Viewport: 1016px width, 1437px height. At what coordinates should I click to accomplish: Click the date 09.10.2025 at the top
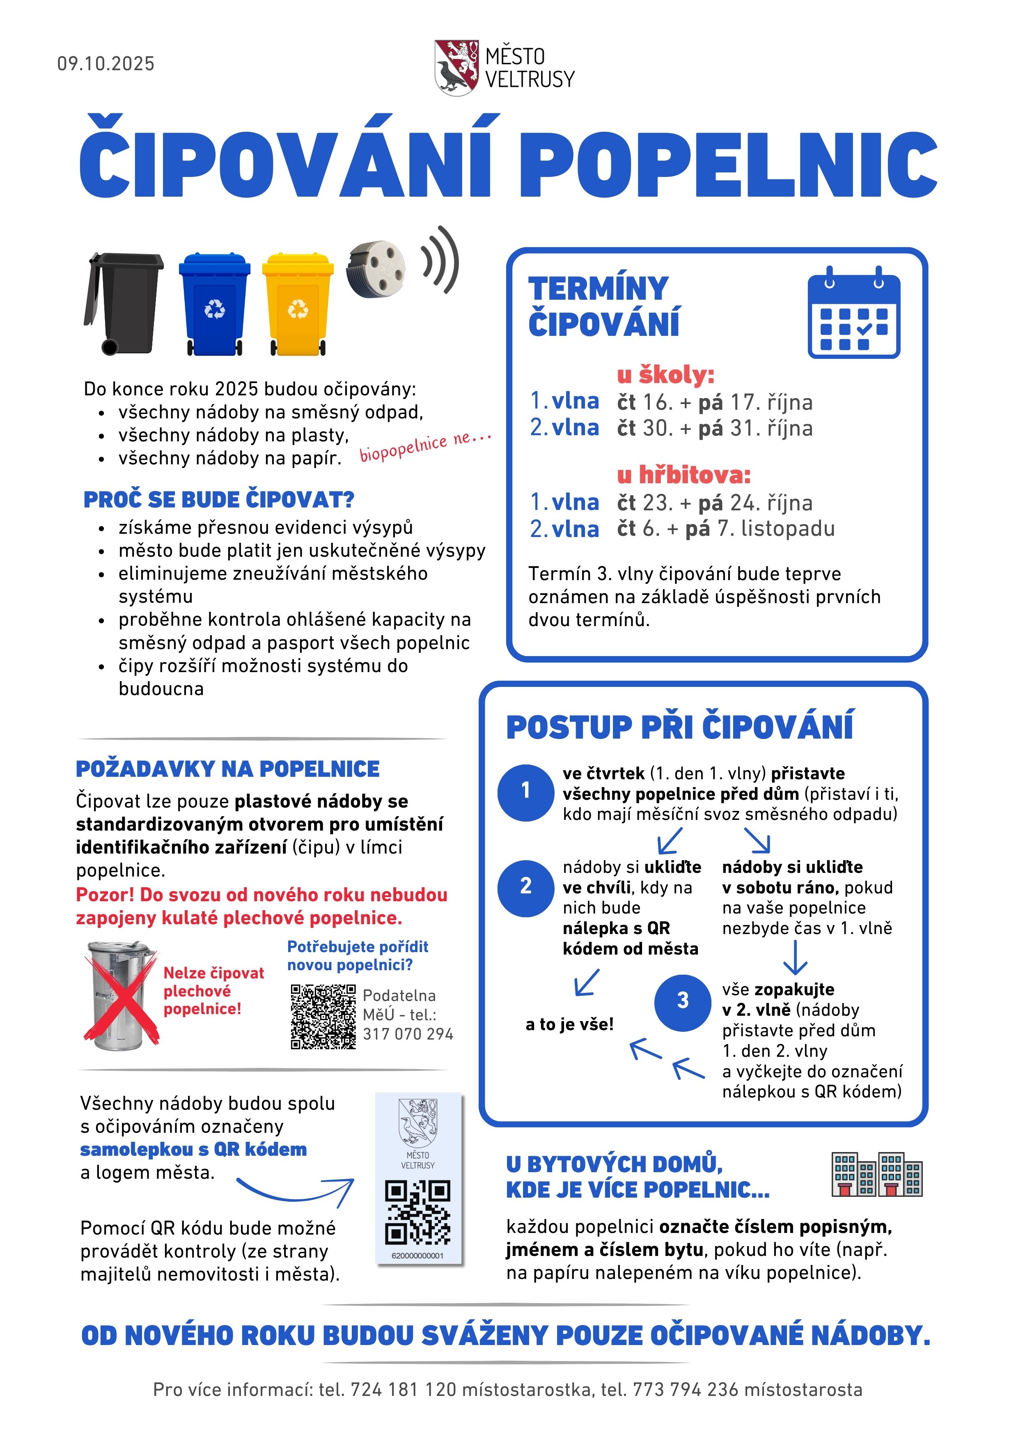106,64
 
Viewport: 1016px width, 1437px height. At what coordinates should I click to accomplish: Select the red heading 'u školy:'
666,375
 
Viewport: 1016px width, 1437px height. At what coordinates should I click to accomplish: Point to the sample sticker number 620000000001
417,1256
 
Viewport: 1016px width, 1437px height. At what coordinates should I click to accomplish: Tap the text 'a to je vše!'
569,1024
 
